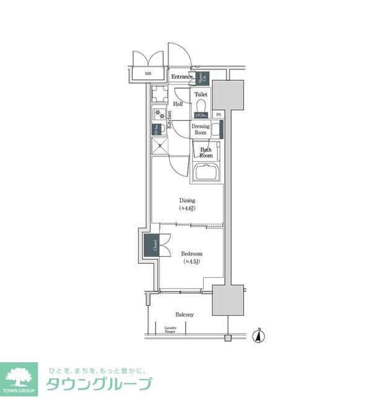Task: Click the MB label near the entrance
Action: (148, 74)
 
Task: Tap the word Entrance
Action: (183, 76)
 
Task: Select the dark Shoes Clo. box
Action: (203, 78)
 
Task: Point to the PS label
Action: (218, 115)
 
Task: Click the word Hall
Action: (178, 104)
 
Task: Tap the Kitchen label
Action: (168, 119)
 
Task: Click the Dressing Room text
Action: (200, 129)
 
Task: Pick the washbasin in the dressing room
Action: (216, 128)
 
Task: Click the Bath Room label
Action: (206, 153)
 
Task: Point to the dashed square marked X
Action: (159, 145)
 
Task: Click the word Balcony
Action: (184, 314)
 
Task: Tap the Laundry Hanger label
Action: (170, 330)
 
